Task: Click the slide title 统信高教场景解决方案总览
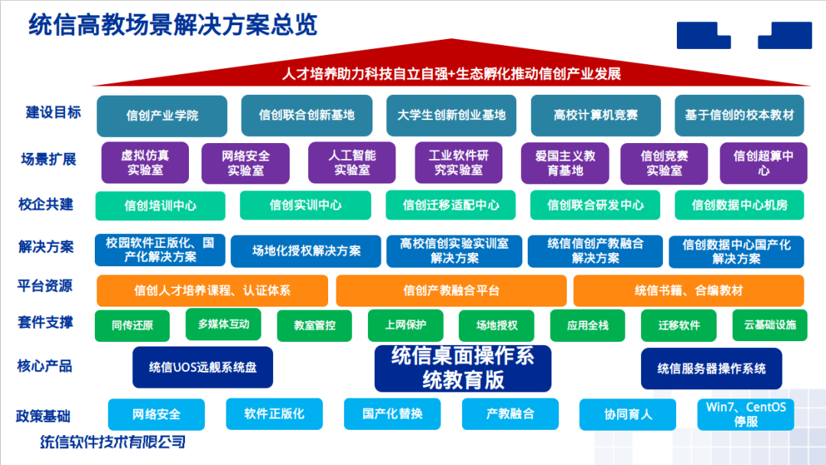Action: [x=173, y=24]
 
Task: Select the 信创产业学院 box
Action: [x=162, y=115]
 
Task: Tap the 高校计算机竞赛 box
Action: [x=595, y=115]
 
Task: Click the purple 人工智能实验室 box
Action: [x=352, y=162]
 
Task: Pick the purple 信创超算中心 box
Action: [x=763, y=162]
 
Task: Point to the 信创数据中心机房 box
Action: [x=739, y=205]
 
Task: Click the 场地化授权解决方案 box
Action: [x=306, y=250]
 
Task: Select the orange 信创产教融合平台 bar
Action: [x=450, y=291]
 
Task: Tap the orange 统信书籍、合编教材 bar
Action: [x=688, y=291]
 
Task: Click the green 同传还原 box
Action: [x=132, y=325]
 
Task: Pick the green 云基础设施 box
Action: [x=769, y=325]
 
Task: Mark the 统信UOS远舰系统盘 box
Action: [x=203, y=367]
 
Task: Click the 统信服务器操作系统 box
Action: [x=711, y=368]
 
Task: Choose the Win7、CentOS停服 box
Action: [x=746, y=414]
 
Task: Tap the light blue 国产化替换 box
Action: [x=392, y=414]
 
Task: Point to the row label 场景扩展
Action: [x=47, y=159]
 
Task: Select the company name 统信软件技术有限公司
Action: [x=112, y=442]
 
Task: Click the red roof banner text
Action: [x=450, y=74]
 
